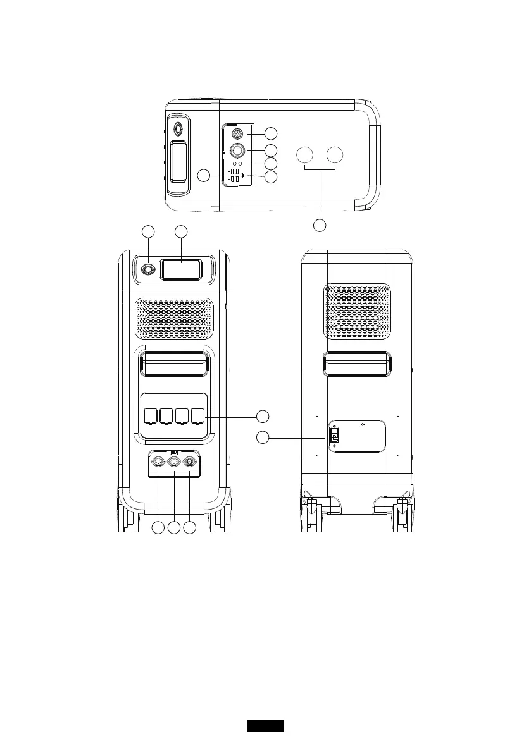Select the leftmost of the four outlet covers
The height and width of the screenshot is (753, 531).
151,416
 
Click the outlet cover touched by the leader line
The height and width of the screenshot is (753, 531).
198,416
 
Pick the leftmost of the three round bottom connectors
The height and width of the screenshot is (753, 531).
158,462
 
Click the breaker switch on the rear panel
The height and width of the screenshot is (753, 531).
335,436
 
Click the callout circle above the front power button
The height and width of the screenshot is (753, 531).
148,231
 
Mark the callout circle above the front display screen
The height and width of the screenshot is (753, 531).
182,231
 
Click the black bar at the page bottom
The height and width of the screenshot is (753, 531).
265,725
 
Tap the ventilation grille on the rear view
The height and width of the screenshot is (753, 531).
358,310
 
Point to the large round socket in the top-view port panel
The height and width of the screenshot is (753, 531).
239,150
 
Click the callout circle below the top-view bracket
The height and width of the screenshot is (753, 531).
321,225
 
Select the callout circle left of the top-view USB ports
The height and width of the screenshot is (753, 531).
203,176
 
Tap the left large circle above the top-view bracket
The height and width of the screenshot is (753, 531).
305,156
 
